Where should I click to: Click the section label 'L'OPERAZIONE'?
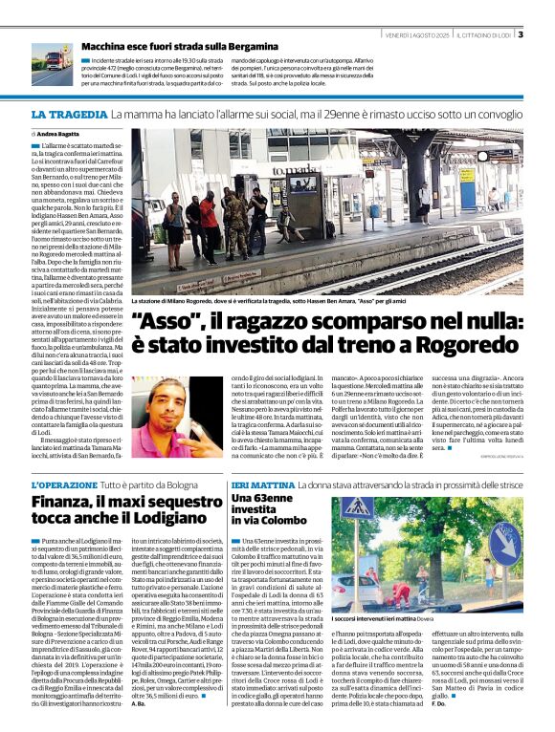point(64,485)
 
